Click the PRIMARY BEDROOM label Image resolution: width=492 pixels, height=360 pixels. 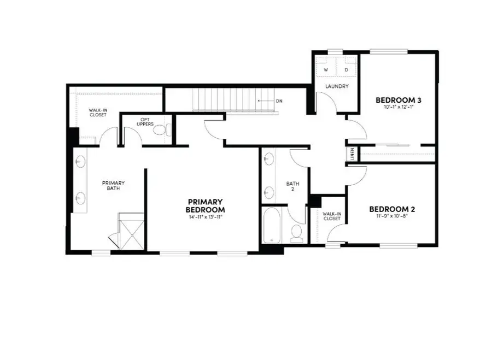[205, 205]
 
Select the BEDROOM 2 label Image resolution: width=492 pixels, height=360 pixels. [392, 209]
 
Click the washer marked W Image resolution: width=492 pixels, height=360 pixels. [325, 70]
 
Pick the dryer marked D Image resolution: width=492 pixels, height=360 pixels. [347, 70]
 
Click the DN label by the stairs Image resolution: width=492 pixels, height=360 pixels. [279, 101]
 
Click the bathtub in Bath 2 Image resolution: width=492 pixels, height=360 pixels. [272, 225]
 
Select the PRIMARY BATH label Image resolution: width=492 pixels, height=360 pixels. [113, 186]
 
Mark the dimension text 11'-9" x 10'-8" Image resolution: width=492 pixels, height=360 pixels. [392, 216]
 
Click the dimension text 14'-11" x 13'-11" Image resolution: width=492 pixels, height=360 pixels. [205, 217]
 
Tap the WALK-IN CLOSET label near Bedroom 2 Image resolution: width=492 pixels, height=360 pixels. [332, 216]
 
